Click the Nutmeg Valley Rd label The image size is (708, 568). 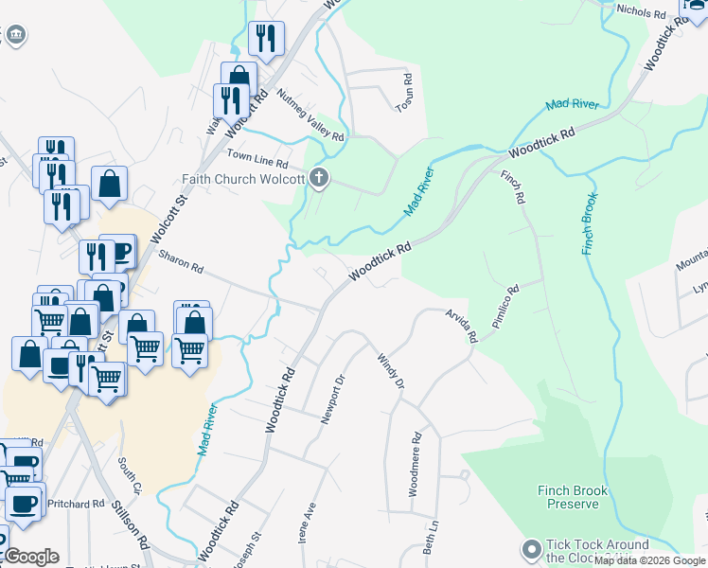click(x=311, y=115)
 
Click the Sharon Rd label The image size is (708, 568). click(x=181, y=262)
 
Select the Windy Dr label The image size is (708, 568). click(x=390, y=371)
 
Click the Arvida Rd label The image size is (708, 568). click(x=461, y=325)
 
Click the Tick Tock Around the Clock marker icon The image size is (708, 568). click(x=532, y=549)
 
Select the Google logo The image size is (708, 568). click(x=31, y=557)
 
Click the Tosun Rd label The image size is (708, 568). click(x=404, y=91)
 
